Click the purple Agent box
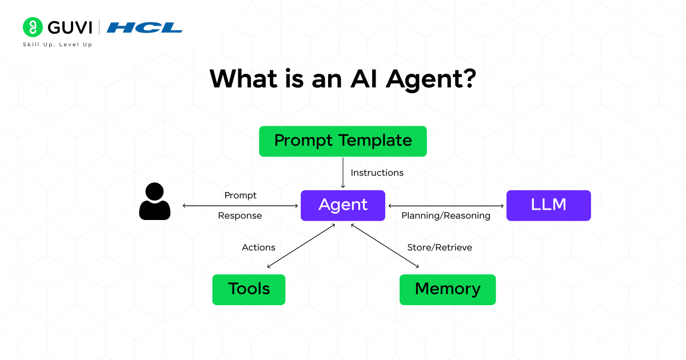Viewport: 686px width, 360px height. [343, 205]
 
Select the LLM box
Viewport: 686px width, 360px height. [548, 205]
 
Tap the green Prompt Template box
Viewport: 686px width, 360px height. [343, 141]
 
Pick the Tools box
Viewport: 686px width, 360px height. [249, 289]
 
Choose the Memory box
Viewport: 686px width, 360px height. [447, 289]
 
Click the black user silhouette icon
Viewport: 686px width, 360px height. [154, 201]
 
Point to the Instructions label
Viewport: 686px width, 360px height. [377, 173]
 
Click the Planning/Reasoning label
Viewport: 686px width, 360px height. [446, 215]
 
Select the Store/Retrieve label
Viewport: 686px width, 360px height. [440, 247]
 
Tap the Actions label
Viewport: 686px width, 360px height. [258, 247]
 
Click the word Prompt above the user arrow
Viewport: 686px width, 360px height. [240, 195]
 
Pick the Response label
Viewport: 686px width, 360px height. [240, 215]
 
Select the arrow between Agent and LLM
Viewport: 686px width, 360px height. [446, 206]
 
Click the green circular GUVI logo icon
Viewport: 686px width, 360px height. [33, 27]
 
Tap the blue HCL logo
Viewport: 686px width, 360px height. [145, 27]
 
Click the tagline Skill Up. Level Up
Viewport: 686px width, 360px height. [57, 45]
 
